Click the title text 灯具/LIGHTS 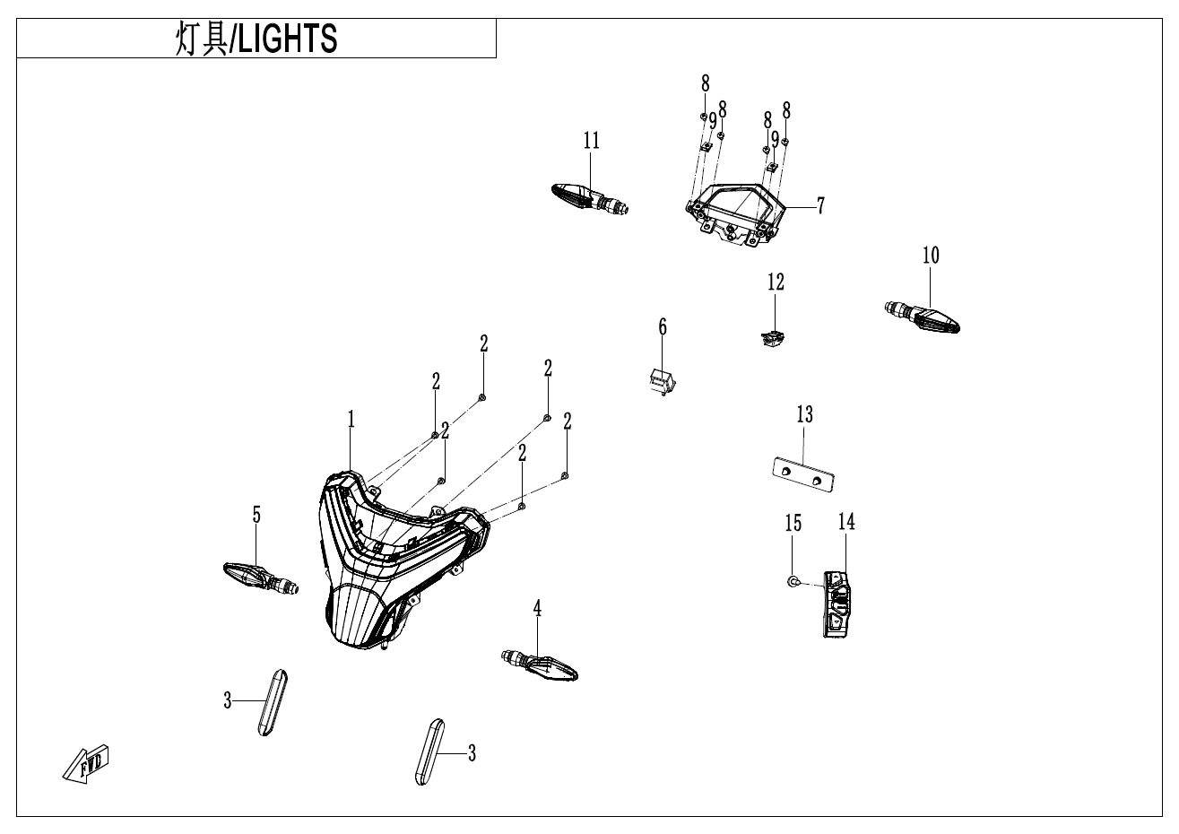tap(256, 39)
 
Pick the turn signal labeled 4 tap(541, 665)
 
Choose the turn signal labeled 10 tap(923, 316)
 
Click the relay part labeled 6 tap(661, 381)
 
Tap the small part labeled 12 tap(771, 338)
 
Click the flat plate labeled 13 tap(803, 474)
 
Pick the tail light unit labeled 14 tap(836, 604)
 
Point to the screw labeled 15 tap(793, 583)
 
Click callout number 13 tap(804, 414)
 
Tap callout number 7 tap(820, 206)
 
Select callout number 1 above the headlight tap(351, 419)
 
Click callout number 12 tap(776, 282)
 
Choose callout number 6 tap(663, 326)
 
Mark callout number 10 tap(931, 256)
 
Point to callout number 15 tap(793, 523)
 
